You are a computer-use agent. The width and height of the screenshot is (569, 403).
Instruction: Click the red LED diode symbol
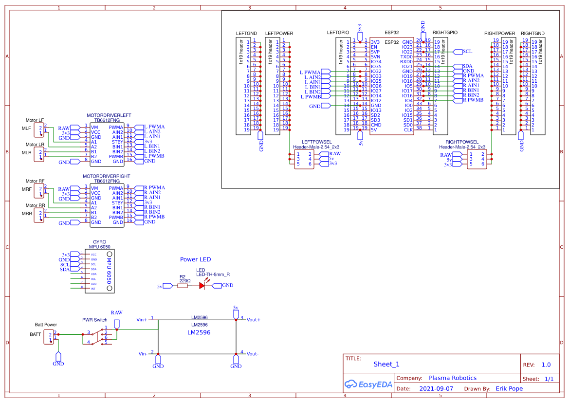pyautogui.click(x=202, y=286)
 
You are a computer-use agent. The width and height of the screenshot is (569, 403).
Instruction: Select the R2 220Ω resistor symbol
pyautogui.click(x=183, y=286)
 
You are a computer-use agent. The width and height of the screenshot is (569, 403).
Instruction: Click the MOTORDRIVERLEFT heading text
pyautogui.click(x=109, y=116)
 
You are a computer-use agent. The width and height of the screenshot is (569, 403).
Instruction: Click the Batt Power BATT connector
pyautogui.click(x=50, y=336)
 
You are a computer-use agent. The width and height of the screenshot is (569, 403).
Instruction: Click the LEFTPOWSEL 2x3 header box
pyautogui.click(x=304, y=159)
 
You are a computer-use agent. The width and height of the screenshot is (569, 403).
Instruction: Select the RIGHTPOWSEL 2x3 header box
pyautogui.click(x=476, y=159)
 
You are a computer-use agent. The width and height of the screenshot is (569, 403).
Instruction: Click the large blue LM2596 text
pyautogui.click(x=199, y=333)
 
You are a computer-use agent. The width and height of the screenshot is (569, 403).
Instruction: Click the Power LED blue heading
pyautogui.click(x=196, y=259)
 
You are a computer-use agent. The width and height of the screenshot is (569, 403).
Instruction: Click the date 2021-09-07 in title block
pyautogui.click(x=436, y=389)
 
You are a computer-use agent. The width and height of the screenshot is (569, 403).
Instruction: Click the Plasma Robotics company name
pyautogui.click(x=452, y=378)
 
